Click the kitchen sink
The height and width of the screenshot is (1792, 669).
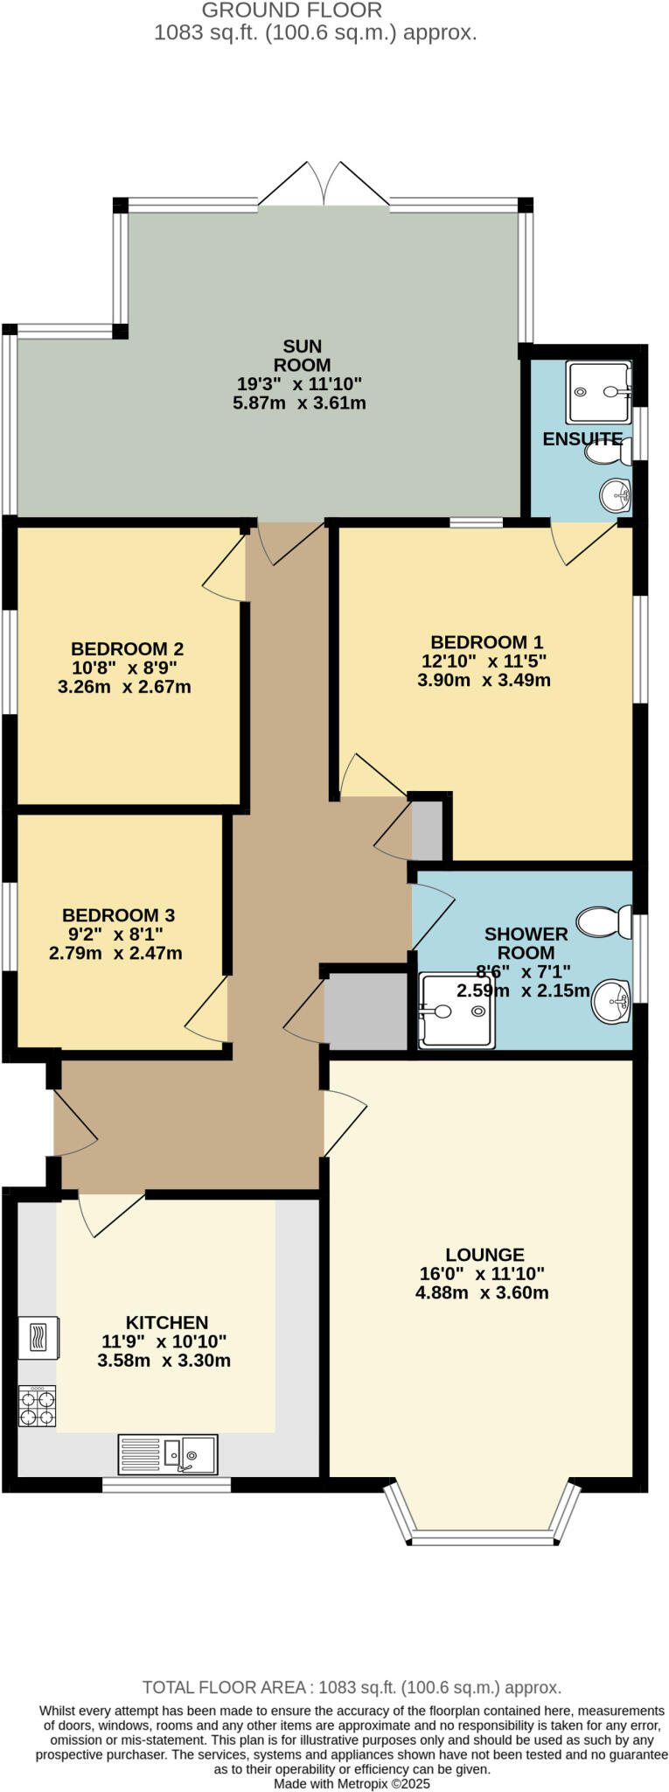pos(168,1454)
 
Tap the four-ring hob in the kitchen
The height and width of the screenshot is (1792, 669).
pos(37,1406)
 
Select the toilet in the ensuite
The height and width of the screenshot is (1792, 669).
pos(606,453)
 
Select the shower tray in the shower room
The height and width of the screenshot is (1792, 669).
pos(456,1011)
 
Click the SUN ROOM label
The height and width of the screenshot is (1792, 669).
pos(302,355)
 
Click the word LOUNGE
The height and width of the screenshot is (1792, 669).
pos(484,1254)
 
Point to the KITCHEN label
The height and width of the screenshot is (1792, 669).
pos(167,1322)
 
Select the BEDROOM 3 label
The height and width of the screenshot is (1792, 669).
pos(118,914)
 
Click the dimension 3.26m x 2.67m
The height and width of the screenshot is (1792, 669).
pos(124,687)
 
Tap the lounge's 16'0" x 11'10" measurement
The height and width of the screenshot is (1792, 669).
pos(482,1273)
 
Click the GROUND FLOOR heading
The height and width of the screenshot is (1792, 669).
pos(292,10)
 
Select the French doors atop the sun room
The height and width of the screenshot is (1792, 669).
pos(324,185)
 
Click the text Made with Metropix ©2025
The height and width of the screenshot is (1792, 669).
pos(352,1783)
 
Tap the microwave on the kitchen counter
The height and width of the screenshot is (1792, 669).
pos(38,1338)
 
